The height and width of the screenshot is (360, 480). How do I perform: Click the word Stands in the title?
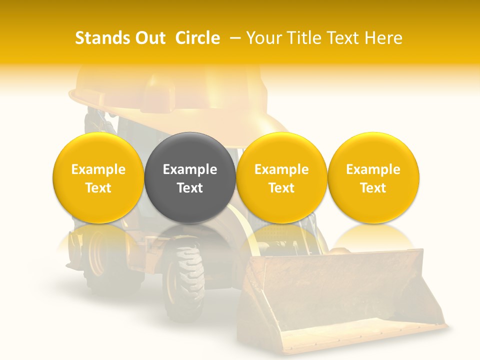tap(101, 38)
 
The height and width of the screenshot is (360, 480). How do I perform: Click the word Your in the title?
tap(263, 38)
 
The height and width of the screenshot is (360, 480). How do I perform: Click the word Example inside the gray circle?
tap(190, 169)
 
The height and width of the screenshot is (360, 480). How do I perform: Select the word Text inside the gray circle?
tap(190, 188)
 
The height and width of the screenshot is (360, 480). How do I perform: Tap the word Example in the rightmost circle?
tap(373, 169)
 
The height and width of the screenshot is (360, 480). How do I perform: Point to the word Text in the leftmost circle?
tap(98, 188)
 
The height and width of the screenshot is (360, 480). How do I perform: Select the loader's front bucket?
tap(340, 295)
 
